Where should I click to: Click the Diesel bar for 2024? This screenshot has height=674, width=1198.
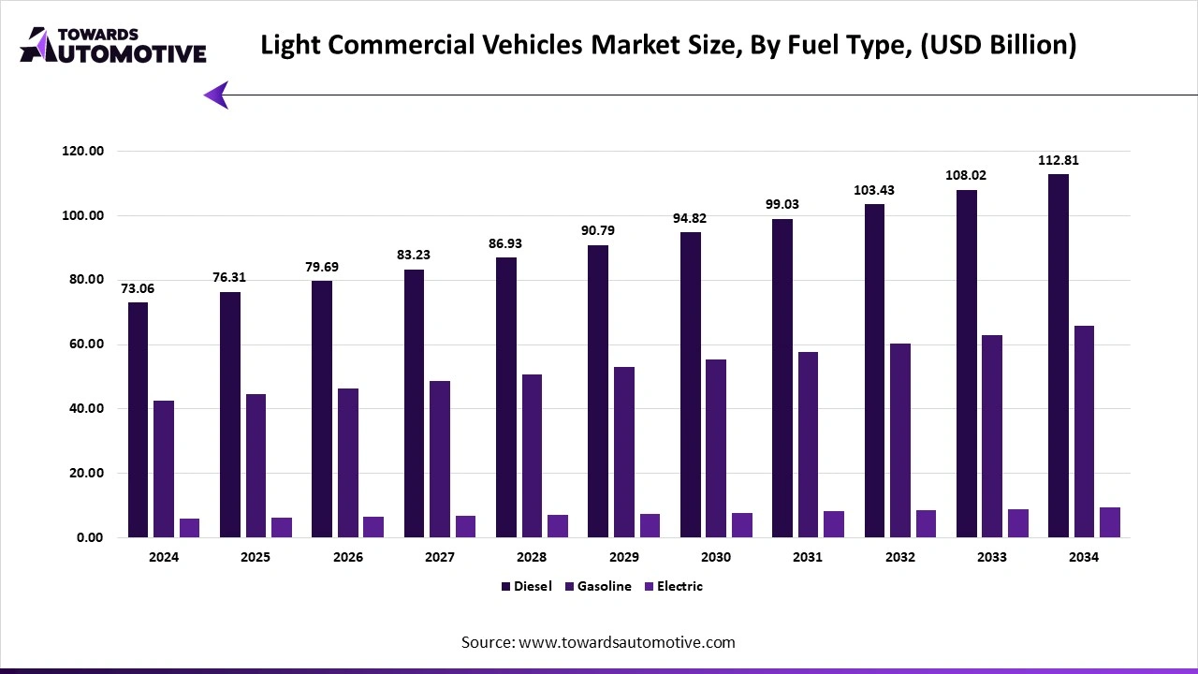pyautogui.click(x=138, y=419)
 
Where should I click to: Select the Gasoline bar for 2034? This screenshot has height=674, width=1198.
pyautogui.click(x=1084, y=432)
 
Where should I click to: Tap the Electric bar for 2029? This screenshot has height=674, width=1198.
pyautogui.click(x=650, y=525)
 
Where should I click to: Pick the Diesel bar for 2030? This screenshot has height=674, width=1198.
pyautogui.click(x=691, y=385)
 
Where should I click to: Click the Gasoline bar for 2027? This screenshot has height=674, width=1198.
pyautogui.click(x=440, y=459)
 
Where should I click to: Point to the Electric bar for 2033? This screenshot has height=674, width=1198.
pyautogui.click(x=1017, y=523)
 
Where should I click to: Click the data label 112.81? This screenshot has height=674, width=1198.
pyautogui.click(x=1058, y=160)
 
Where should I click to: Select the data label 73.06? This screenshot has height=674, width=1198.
pyautogui.click(x=138, y=288)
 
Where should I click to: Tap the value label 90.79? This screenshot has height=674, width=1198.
pyautogui.click(x=598, y=230)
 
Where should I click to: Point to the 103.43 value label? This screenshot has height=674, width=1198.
pyautogui.click(x=874, y=190)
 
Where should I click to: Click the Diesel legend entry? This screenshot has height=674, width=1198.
pyautogui.click(x=525, y=586)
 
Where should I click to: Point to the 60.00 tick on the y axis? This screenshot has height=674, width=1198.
pyautogui.click(x=84, y=344)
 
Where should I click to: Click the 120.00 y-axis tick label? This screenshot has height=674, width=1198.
pyautogui.click(x=81, y=152)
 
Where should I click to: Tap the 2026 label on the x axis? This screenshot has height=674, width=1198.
pyautogui.click(x=347, y=557)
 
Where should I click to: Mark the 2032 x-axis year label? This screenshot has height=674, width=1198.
pyautogui.click(x=899, y=557)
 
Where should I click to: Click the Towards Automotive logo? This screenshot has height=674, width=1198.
pyautogui.click(x=112, y=45)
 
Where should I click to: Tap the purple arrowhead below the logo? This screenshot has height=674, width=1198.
pyautogui.click(x=216, y=95)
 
